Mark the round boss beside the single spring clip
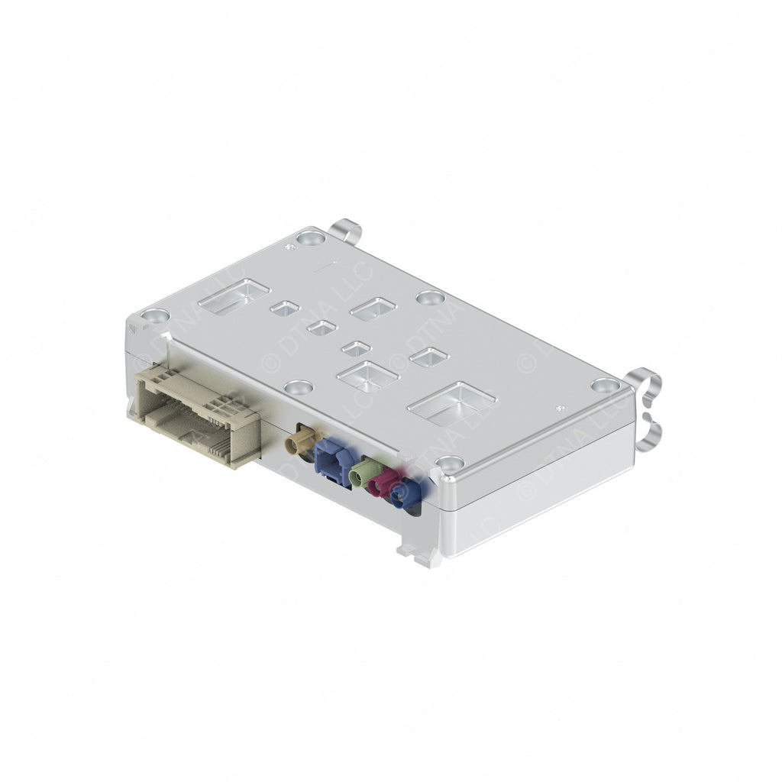[311, 238]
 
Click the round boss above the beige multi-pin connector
[155, 315]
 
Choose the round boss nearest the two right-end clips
[604, 385]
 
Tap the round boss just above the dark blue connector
[449, 463]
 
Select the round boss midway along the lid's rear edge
[430, 297]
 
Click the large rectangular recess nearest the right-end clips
[452, 402]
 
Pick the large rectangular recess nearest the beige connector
[234, 296]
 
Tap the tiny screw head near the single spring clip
[289, 246]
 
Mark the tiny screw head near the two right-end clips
[561, 409]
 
